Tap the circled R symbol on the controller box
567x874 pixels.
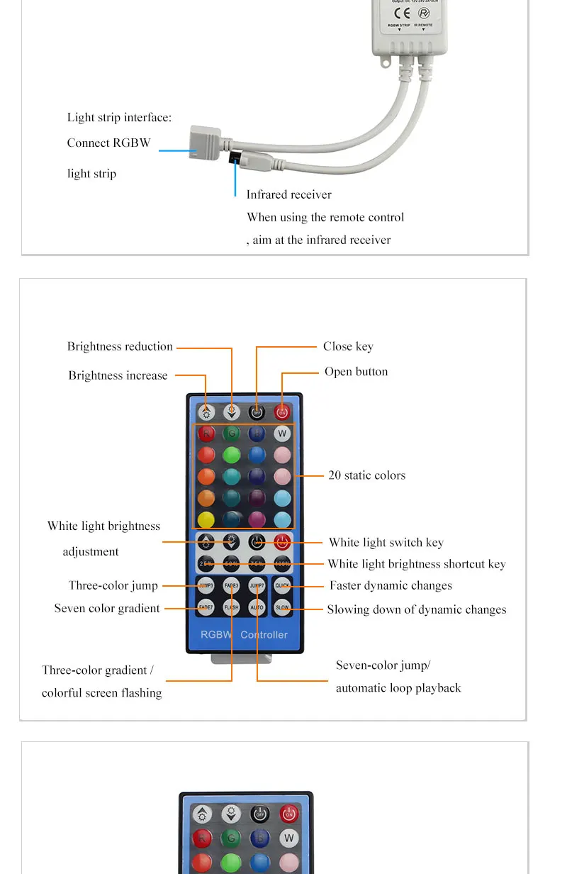[424, 12]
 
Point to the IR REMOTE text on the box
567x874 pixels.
[424, 25]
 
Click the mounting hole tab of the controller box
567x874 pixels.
[387, 63]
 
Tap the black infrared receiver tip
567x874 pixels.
[235, 157]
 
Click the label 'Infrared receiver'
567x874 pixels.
[288, 194]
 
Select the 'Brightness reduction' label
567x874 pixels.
[120, 346]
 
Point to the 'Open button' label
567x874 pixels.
[356, 372]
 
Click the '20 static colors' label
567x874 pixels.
[366, 475]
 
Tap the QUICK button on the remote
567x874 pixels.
[282, 586]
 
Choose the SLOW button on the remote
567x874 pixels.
[282, 607]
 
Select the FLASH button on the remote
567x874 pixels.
[231, 607]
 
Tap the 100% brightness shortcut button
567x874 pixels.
[282, 564]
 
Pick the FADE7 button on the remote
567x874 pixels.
[206, 607]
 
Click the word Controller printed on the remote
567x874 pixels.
[264, 634]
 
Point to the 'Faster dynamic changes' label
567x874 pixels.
[391, 586]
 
